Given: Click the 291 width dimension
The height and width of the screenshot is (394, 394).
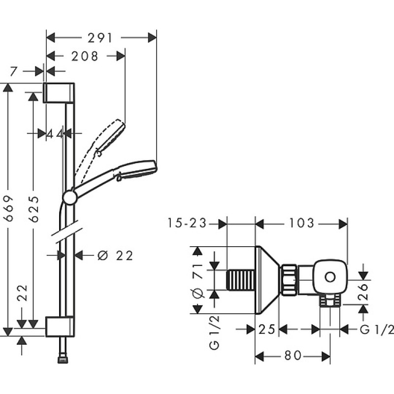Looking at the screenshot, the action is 100,38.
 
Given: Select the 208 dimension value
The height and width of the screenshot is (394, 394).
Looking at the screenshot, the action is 85,56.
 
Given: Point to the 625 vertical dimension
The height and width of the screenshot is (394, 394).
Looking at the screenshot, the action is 34,209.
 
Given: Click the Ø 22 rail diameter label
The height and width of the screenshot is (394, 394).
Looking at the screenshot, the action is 115,256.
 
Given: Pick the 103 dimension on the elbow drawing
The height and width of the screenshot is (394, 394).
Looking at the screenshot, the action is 302,223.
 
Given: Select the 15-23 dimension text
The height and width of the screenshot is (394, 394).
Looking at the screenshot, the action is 187,223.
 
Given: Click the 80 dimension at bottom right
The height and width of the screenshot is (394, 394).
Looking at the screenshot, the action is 293,356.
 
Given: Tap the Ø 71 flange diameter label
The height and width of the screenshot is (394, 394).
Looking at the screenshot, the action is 198,280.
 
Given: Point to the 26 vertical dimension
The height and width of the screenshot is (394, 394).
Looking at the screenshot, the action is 363,292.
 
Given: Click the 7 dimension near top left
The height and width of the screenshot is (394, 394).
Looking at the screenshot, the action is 14,71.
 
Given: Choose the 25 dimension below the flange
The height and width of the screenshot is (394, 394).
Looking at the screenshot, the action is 267,329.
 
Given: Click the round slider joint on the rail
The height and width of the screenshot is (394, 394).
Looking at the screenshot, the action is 70,197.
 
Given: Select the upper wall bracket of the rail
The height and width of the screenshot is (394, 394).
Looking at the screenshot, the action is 59,93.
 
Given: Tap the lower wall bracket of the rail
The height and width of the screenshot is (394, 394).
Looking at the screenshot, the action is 60,327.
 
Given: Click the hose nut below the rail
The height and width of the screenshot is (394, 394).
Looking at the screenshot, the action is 63,360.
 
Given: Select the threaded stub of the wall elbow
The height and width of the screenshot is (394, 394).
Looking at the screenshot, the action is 241,280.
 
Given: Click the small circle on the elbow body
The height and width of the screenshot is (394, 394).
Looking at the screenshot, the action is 330,277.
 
